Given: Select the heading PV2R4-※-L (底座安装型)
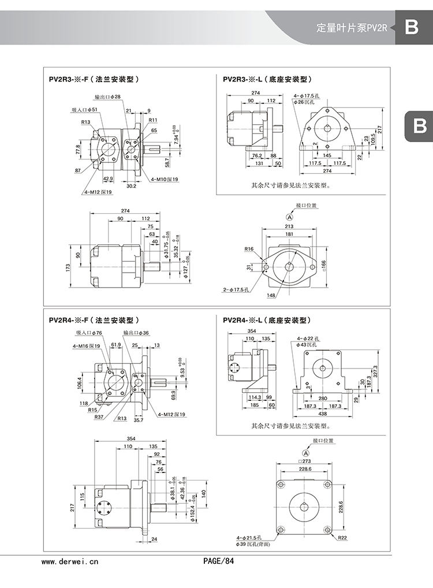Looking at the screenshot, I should (267, 319).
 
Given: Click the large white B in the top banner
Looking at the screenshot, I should (411, 27).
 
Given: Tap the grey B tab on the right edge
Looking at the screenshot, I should (420, 125).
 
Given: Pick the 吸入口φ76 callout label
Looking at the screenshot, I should (89, 333).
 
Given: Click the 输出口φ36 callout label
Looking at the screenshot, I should (136, 333).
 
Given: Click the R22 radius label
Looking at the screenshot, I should (342, 538).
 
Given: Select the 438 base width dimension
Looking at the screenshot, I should (322, 414).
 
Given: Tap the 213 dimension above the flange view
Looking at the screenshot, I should (289, 226).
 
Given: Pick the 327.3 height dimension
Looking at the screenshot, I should (376, 371).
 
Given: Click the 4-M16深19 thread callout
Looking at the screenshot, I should (87, 346).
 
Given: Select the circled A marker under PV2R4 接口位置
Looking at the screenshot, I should (304, 452).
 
